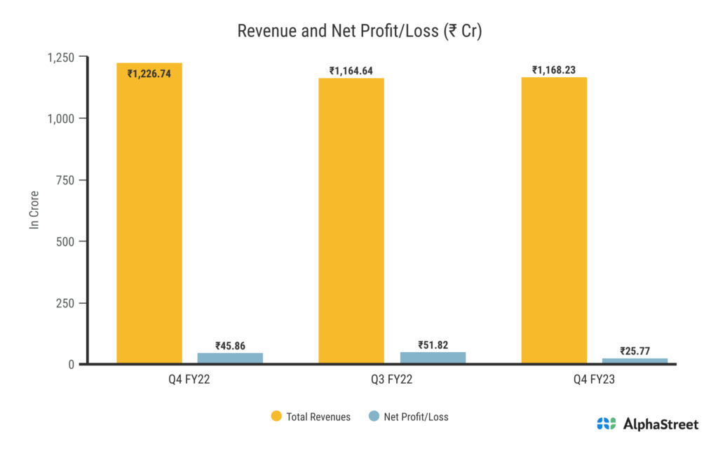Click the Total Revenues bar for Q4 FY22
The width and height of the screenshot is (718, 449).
(x=149, y=217)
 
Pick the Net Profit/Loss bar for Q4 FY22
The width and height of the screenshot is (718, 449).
(x=230, y=358)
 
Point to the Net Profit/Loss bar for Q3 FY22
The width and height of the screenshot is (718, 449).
(x=433, y=357)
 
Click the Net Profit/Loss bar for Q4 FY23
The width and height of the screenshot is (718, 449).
(x=635, y=361)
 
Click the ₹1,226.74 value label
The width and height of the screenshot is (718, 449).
(x=149, y=73)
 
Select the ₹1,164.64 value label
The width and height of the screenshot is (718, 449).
(x=351, y=70)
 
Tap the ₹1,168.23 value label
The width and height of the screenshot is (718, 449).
(x=554, y=69)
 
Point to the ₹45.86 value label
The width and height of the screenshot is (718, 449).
(x=230, y=345)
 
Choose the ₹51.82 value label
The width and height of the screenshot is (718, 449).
(x=433, y=344)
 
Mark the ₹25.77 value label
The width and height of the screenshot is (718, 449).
(x=635, y=351)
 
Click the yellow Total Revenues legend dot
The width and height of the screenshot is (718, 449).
(x=276, y=417)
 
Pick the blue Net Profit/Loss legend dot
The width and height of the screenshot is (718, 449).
(x=374, y=417)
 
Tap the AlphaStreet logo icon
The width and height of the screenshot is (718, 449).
(x=607, y=424)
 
